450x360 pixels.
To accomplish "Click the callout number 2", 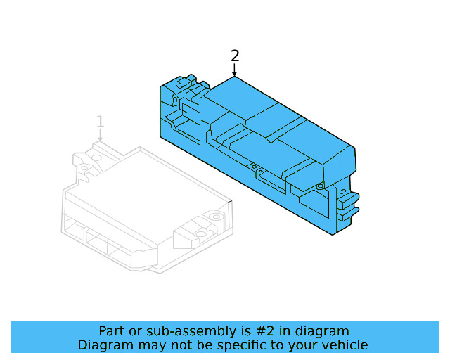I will point(235,56).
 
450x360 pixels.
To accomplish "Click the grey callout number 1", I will point(101,122).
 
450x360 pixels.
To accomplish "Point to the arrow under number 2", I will point(235,70).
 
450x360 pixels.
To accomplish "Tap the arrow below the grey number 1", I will point(101,136).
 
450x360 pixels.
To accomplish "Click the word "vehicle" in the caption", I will point(343,345).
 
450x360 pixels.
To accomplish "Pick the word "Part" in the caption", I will point(112,331).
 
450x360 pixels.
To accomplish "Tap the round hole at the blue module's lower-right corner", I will point(320,186).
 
